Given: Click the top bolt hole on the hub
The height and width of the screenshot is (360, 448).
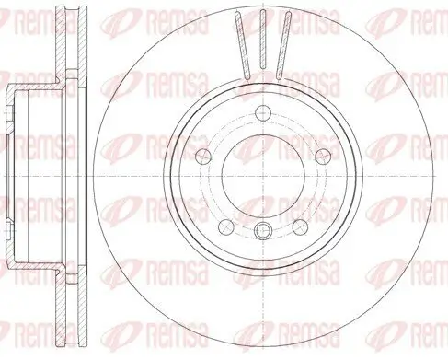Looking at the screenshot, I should [262, 113].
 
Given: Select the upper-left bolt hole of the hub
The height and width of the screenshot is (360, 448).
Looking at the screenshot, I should [203, 156].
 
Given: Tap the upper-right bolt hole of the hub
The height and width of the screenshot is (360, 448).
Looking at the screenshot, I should [322, 156].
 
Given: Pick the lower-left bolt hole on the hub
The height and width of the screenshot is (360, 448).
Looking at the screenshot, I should [225, 226].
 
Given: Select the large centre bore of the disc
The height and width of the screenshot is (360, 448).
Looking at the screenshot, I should [262, 175].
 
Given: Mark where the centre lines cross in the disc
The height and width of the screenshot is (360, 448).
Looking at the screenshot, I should [262, 175].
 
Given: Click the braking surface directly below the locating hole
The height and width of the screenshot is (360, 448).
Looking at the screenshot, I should [262, 304].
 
